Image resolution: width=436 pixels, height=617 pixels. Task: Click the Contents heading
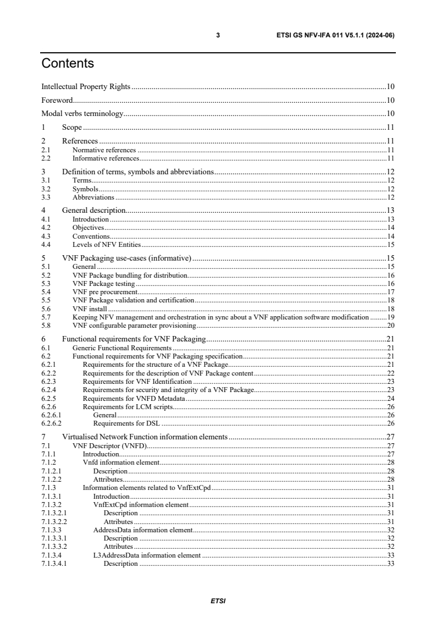coord(68,64)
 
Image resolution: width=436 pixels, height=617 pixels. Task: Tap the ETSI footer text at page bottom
coord(218,601)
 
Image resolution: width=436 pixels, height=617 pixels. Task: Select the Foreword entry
coord(57,101)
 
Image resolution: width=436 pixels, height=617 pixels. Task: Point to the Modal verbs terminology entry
coord(82,114)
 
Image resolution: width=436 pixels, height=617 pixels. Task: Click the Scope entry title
coord(71,128)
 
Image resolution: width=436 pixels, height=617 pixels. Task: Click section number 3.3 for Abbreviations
coord(46,197)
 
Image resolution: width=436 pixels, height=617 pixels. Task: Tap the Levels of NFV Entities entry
coord(106,244)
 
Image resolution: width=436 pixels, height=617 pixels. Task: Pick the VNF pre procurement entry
coord(104,291)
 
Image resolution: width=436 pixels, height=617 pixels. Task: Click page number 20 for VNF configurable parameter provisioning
coord(390,326)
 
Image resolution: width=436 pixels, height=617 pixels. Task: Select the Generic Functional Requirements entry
coord(123,348)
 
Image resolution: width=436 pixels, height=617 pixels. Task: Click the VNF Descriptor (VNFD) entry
coord(109,446)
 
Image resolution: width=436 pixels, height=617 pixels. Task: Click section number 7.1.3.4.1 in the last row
coord(54,564)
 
